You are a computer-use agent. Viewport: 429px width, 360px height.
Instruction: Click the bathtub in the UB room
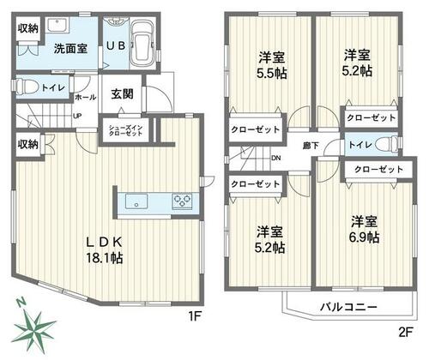(x=143, y=43)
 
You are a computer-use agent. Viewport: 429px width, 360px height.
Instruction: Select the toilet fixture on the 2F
(x=387, y=144)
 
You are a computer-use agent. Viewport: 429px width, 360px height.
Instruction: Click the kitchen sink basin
(x=136, y=201)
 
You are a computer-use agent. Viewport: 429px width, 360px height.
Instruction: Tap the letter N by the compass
(x=20, y=303)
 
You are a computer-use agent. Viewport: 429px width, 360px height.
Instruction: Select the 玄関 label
(x=122, y=94)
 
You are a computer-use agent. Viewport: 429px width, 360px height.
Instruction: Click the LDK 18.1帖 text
(x=105, y=250)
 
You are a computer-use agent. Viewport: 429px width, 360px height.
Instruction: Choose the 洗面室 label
(x=70, y=49)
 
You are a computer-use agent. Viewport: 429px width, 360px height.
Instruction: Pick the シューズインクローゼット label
(x=125, y=130)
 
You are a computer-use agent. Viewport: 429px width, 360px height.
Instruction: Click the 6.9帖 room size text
(x=364, y=237)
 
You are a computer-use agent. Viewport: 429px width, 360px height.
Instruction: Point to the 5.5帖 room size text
(x=272, y=74)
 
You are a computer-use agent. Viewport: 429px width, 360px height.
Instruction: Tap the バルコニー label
(x=348, y=307)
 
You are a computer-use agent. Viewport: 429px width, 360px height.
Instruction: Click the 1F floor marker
(x=195, y=316)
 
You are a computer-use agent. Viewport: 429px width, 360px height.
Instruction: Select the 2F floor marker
(x=405, y=332)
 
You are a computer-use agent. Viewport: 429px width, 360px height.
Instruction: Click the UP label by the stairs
(x=77, y=116)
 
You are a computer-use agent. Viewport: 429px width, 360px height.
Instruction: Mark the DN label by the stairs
(x=276, y=158)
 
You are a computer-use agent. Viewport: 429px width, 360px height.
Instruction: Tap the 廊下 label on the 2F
(x=311, y=146)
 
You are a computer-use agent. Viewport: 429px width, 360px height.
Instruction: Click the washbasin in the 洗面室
(x=57, y=25)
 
